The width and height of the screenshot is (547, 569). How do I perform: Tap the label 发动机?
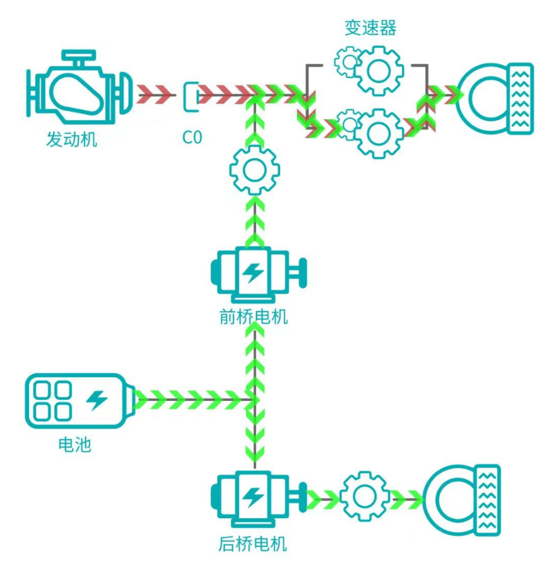71,140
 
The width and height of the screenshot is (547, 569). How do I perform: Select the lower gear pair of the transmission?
370,131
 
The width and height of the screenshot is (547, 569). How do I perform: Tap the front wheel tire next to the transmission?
496,99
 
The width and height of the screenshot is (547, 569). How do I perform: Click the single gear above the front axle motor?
255,171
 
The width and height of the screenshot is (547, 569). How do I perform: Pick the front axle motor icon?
255,274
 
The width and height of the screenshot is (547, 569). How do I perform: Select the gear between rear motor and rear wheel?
364,498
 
